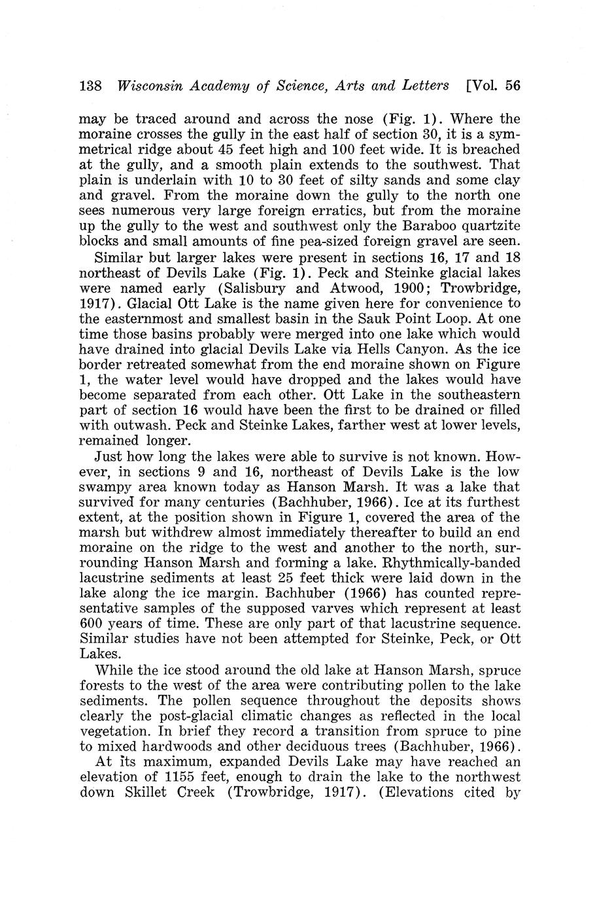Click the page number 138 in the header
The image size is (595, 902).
(90, 86)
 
